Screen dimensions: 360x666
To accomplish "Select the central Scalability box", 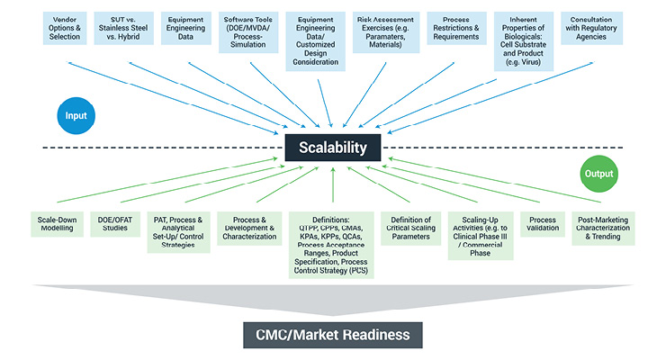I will (333, 148).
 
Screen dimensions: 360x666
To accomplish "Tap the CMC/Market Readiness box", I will (334, 335).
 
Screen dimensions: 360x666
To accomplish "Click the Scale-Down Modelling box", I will (56, 223).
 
